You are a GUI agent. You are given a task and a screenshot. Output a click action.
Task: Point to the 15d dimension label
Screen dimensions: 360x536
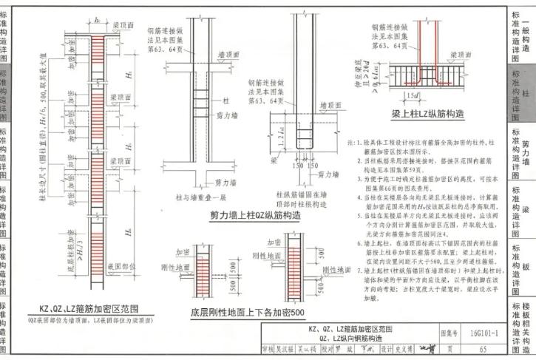pos(412,96)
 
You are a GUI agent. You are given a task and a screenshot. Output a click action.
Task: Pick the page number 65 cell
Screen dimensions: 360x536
pos(483,348)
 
